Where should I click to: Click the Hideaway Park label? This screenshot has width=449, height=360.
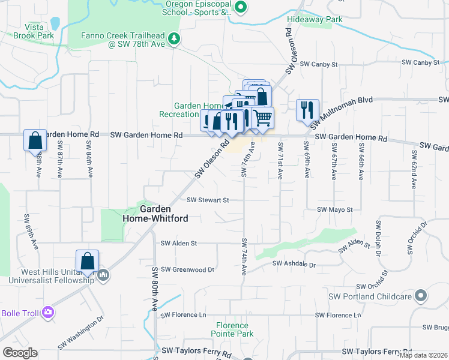(314, 19)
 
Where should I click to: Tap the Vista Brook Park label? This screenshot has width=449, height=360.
(39, 31)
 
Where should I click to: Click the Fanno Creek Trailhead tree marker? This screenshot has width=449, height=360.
(174, 39)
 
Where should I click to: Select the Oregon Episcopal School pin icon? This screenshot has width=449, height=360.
(240, 8)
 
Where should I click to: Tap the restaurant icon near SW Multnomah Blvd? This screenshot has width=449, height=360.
(307, 109)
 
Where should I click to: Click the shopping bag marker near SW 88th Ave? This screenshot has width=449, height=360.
(35, 140)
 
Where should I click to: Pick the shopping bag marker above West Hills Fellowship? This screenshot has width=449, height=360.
(87, 260)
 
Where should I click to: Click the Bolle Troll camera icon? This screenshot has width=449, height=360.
(48, 313)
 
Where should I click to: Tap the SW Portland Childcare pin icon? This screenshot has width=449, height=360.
(421, 296)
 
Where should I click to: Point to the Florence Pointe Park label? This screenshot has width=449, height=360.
(232, 329)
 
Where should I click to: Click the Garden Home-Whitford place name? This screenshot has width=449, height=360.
(163, 214)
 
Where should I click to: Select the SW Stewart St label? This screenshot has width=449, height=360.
(208, 200)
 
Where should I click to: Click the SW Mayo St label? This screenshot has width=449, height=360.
(335, 209)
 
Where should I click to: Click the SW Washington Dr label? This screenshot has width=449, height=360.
(81, 334)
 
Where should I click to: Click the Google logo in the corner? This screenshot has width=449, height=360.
(20, 353)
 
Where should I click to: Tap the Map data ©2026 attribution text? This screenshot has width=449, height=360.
(423, 355)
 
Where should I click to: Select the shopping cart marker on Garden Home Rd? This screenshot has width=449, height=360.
(262, 117)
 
